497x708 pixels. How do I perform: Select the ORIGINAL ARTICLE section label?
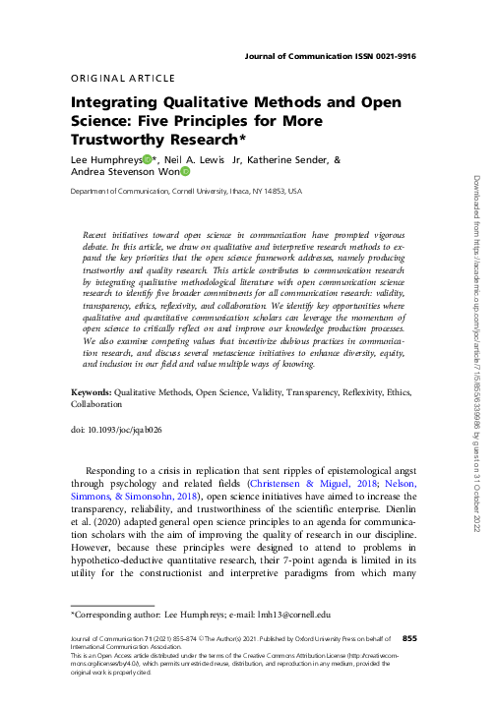(x=124, y=78)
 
